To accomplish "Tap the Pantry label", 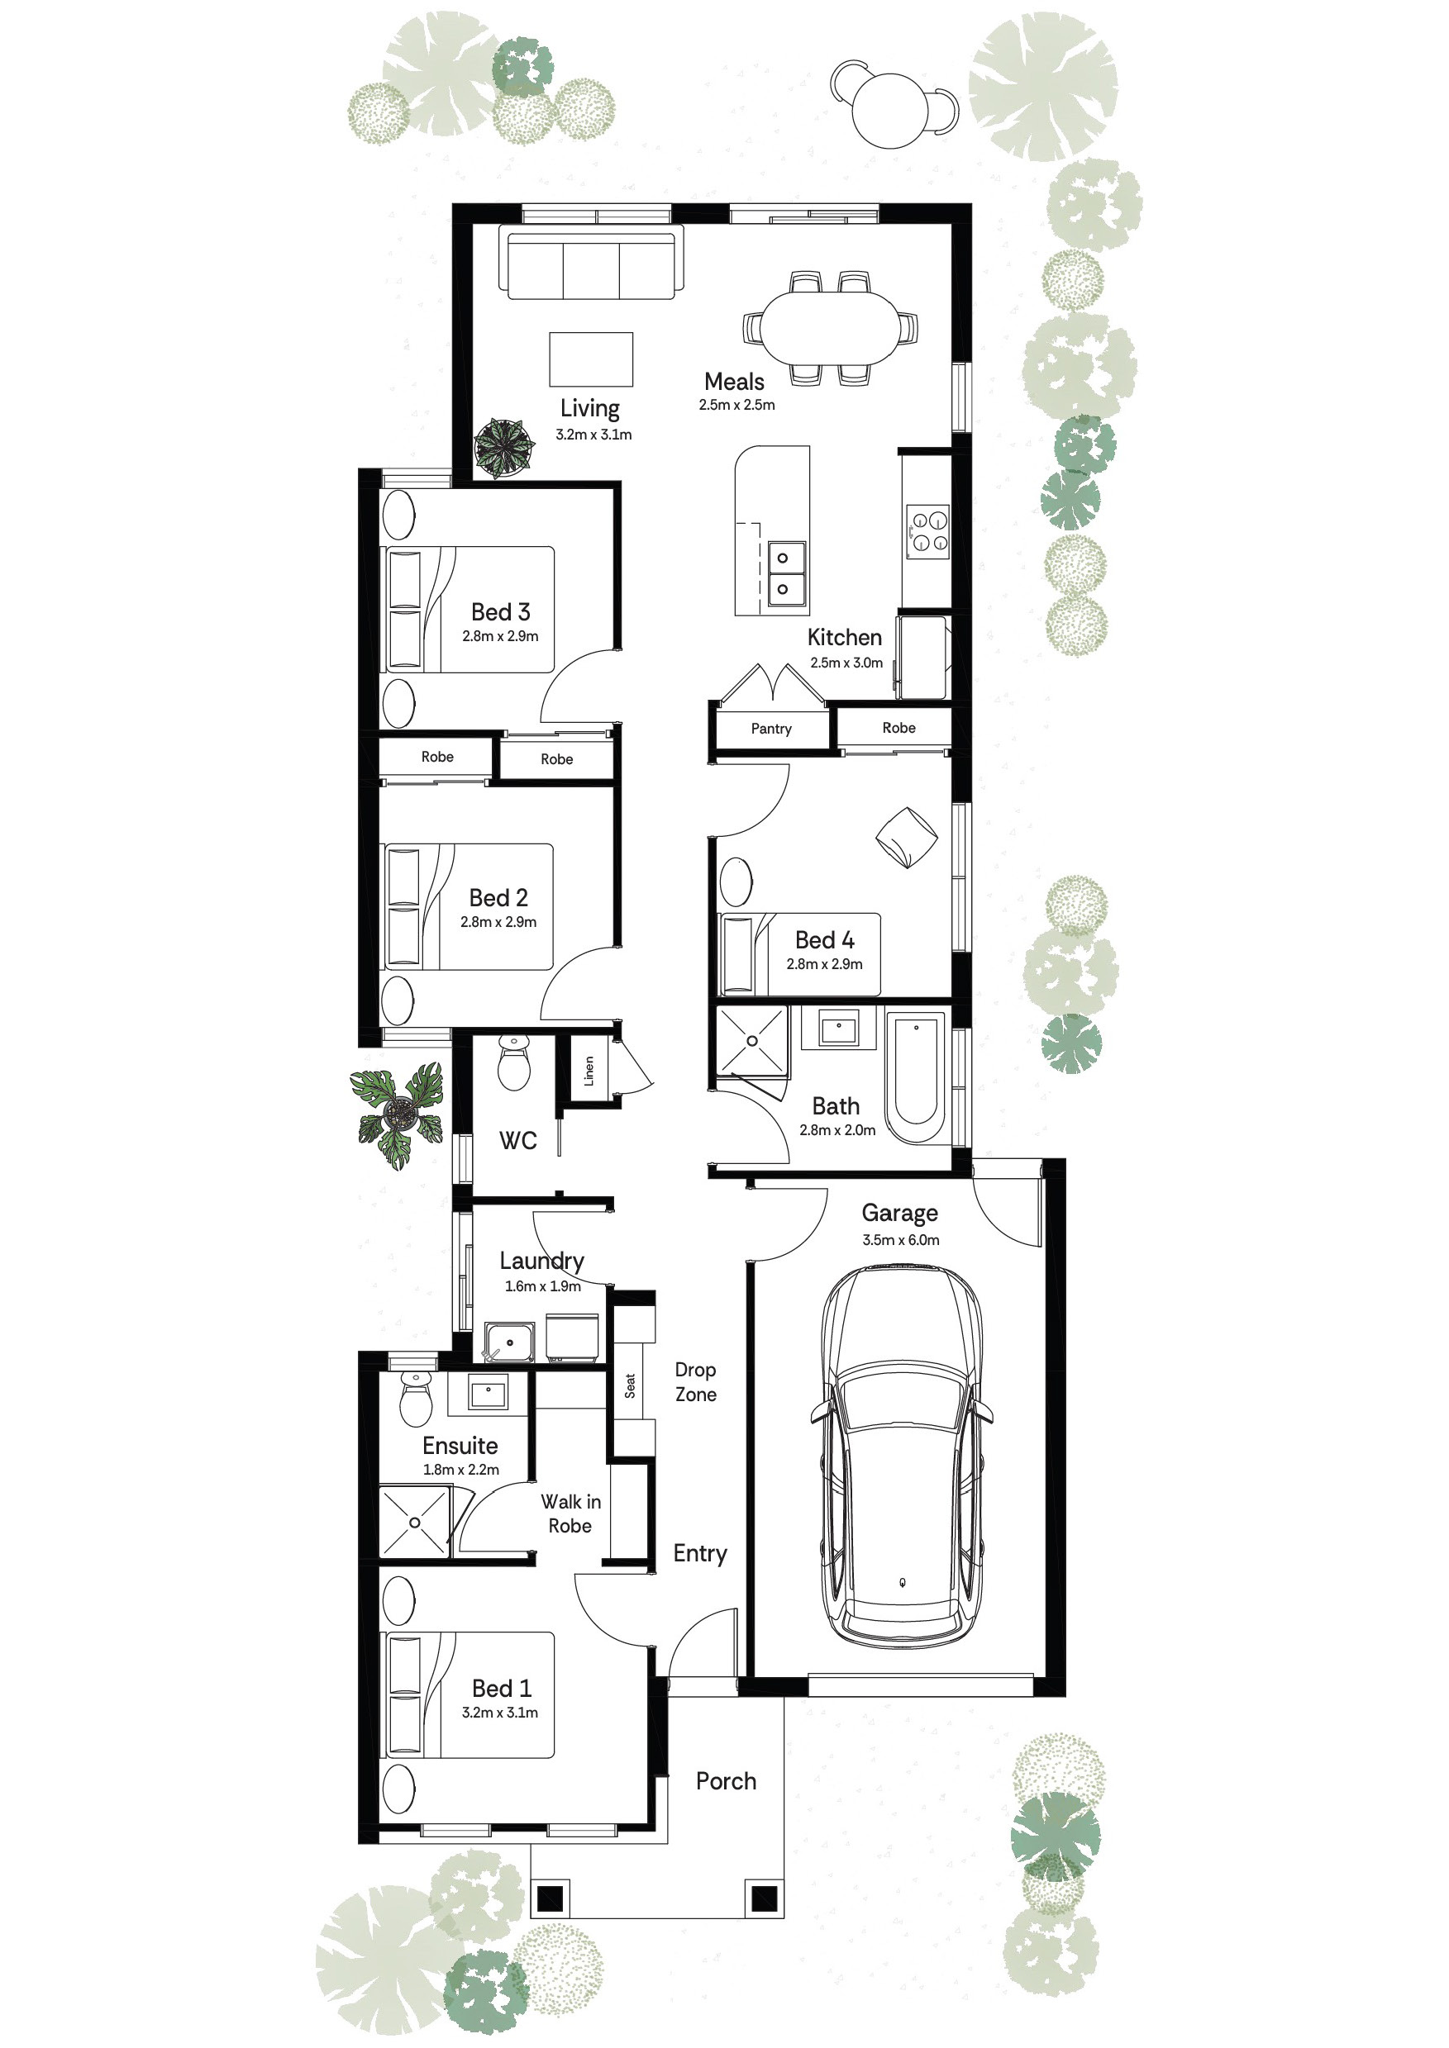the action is click(771, 729).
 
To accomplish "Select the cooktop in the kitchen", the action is click(928, 533).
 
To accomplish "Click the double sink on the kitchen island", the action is click(783, 573).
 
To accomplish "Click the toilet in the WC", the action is click(514, 1062).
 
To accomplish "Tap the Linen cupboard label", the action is click(589, 1071).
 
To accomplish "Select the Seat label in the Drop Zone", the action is click(630, 1385).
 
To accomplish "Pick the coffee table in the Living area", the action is click(591, 359).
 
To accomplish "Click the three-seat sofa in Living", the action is click(591, 264).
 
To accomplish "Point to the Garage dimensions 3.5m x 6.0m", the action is click(900, 1240).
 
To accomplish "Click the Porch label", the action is click(727, 1781).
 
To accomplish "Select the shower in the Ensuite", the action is click(414, 1522).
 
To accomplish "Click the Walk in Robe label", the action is click(571, 1513).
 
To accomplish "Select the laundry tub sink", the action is click(509, 1342).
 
